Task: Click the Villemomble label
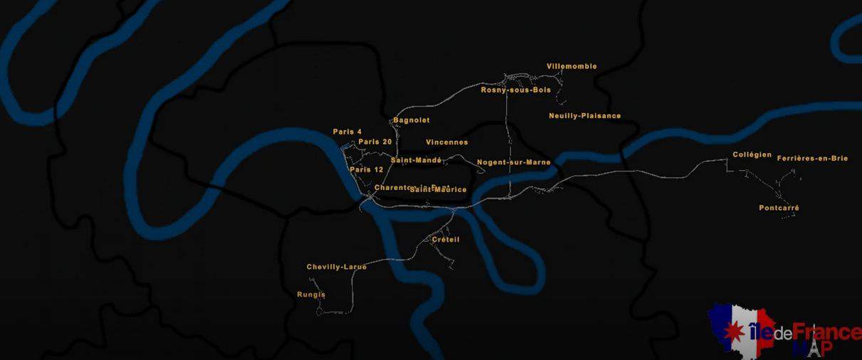tap(572, 67)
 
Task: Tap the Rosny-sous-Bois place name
tap(515, 90)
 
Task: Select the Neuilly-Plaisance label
tap(584, 116)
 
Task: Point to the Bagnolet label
tap(411, 120)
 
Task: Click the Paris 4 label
tap(347, 132)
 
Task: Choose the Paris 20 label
tap(375, 142)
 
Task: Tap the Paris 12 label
tap(367, 169)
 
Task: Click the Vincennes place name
tap(447, 142)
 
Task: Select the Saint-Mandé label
tap(416, 160)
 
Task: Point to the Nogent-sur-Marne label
tap(513, 162)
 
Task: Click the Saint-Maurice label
tap(438, 190)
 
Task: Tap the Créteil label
tap(446, 240)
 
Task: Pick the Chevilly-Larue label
tap(337, 267)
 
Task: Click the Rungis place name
tap(311, 295)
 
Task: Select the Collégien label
tap(752, 155)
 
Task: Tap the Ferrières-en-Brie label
tap(812, 159)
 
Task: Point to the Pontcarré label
tap(779, 208)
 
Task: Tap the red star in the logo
tap(730, 331)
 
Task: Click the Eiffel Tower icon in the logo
tap(814, 348)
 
